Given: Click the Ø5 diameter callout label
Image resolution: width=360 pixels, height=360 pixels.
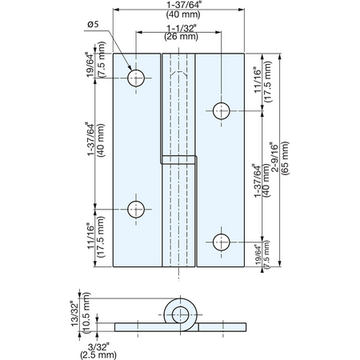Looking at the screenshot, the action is point(93,25).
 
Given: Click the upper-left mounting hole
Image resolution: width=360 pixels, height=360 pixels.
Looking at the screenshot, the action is point(136,78).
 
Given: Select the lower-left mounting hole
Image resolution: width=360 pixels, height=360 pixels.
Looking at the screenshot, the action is point(136,210).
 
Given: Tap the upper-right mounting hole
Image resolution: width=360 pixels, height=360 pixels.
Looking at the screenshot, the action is point(222,111).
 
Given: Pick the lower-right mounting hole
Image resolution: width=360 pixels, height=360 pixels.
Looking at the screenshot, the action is point(222,242).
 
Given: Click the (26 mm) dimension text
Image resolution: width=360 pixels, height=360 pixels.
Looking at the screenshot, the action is point(182,37).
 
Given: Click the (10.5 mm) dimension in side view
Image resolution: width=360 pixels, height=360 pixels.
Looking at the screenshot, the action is point(86,313).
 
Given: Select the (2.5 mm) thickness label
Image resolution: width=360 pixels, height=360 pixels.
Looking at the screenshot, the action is point(98,355).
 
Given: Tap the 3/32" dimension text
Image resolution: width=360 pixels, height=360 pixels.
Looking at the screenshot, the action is point(98,347).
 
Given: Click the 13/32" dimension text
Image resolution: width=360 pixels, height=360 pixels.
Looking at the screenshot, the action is point(75,314).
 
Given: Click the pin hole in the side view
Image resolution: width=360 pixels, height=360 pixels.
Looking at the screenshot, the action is point(181,314).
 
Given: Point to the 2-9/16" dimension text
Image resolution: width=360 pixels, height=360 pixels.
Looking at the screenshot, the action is point(274,158).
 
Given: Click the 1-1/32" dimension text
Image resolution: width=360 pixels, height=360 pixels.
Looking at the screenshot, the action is point(182,28).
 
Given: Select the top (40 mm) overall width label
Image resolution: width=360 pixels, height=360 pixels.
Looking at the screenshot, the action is point(183,14).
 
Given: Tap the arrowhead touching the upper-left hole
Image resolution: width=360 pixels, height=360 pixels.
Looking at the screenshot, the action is point(129,67).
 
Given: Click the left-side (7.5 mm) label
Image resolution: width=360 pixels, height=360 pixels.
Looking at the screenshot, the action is point(102,59).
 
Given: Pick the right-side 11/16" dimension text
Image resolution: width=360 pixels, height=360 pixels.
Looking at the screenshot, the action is point(258,80).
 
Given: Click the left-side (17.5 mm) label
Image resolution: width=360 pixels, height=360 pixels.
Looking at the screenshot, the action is point(101,237).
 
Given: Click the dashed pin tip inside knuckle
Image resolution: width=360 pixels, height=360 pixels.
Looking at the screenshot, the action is point(178,74).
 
